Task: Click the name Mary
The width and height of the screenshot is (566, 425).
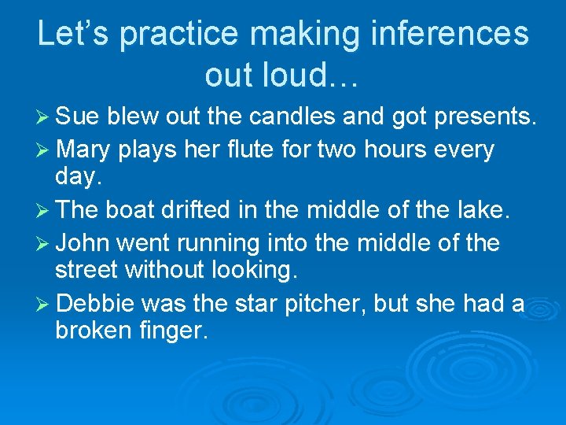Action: point(83,149)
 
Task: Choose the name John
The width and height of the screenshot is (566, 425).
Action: point(82,242)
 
